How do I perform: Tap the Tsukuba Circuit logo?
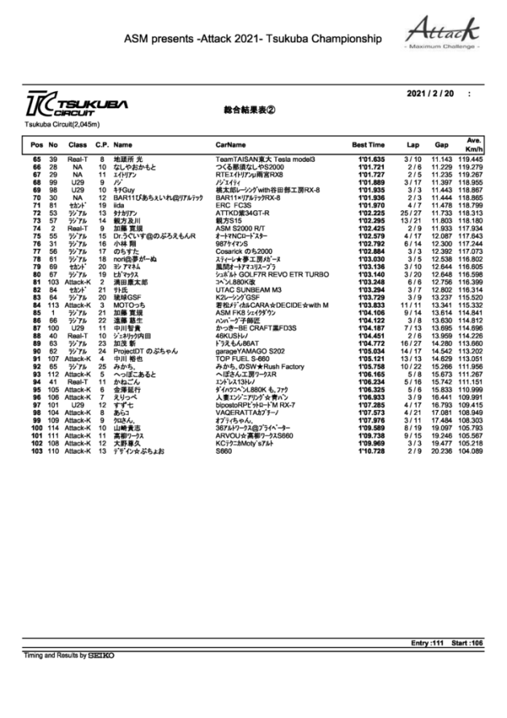pos(66,108)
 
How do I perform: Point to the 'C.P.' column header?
pos(102,144)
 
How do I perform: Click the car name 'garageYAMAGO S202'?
pos(250,351)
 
